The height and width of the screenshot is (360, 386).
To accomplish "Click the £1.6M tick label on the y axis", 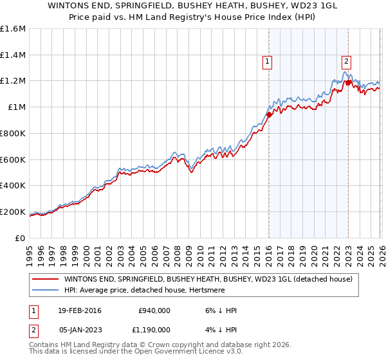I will pyautogui.click(x=13, y=29).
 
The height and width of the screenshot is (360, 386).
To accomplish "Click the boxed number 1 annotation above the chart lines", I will pyautogui.click(x=267, y=62).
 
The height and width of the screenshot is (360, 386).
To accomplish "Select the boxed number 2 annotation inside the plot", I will pyautogui.click(x=346, y=62).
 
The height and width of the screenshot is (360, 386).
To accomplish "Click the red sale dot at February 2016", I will pyautogui.click(x=269, y=115).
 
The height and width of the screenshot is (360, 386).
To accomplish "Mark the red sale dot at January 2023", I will pyautogui.click(x=348, y=82).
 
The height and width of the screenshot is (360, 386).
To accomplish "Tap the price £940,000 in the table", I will pyautogui.click(x=154, y=310).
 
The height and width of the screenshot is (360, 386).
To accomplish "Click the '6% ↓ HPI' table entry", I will pyautogui.click(x=217, y=310).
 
